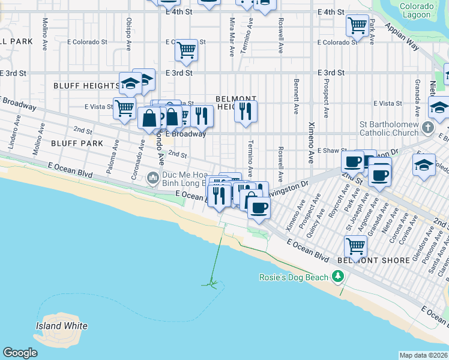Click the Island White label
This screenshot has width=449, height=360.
point(61,326)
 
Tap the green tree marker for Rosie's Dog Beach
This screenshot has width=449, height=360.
point(339,277)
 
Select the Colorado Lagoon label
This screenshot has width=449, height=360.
point(416,10)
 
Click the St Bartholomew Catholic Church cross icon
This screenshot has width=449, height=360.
point(427,127)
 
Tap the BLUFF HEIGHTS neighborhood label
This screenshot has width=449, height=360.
point(86,86)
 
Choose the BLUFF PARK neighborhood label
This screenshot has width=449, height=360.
point(77,143)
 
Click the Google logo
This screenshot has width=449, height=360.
point(20,353)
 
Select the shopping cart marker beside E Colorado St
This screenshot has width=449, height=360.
point(186,49)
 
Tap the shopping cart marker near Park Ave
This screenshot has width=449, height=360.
point(357,25)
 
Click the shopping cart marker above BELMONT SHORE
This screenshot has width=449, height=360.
point(356,245)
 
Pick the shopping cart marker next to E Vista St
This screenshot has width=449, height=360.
point(124,108)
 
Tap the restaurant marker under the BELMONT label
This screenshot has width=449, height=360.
point(246,110)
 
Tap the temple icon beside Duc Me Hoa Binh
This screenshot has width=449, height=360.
point(154,178)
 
